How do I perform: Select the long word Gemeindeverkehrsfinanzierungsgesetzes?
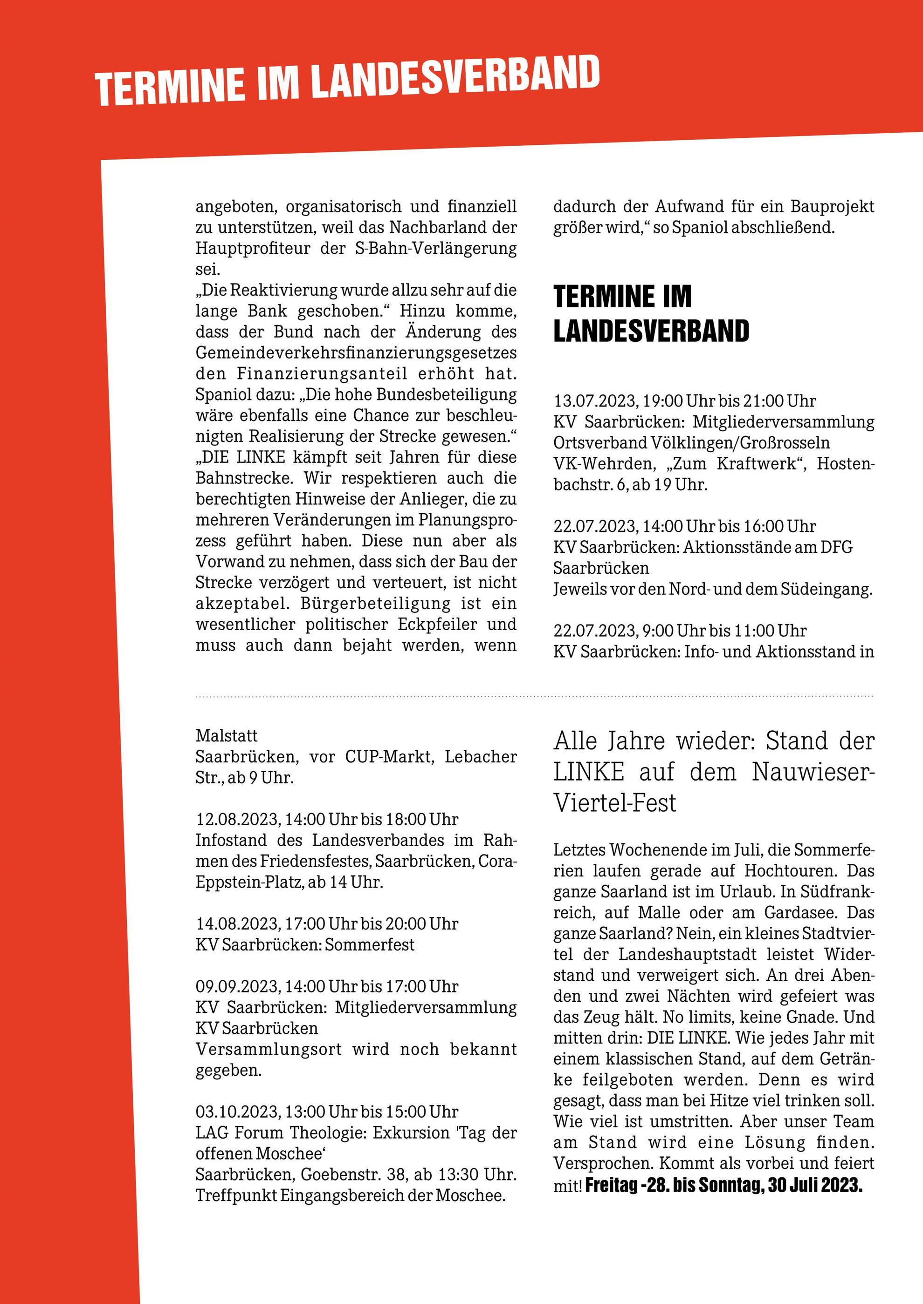point(356,353)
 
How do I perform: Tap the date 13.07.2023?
point(595,401)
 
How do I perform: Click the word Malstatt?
point(226,736)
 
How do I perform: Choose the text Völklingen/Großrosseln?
point(738,443)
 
